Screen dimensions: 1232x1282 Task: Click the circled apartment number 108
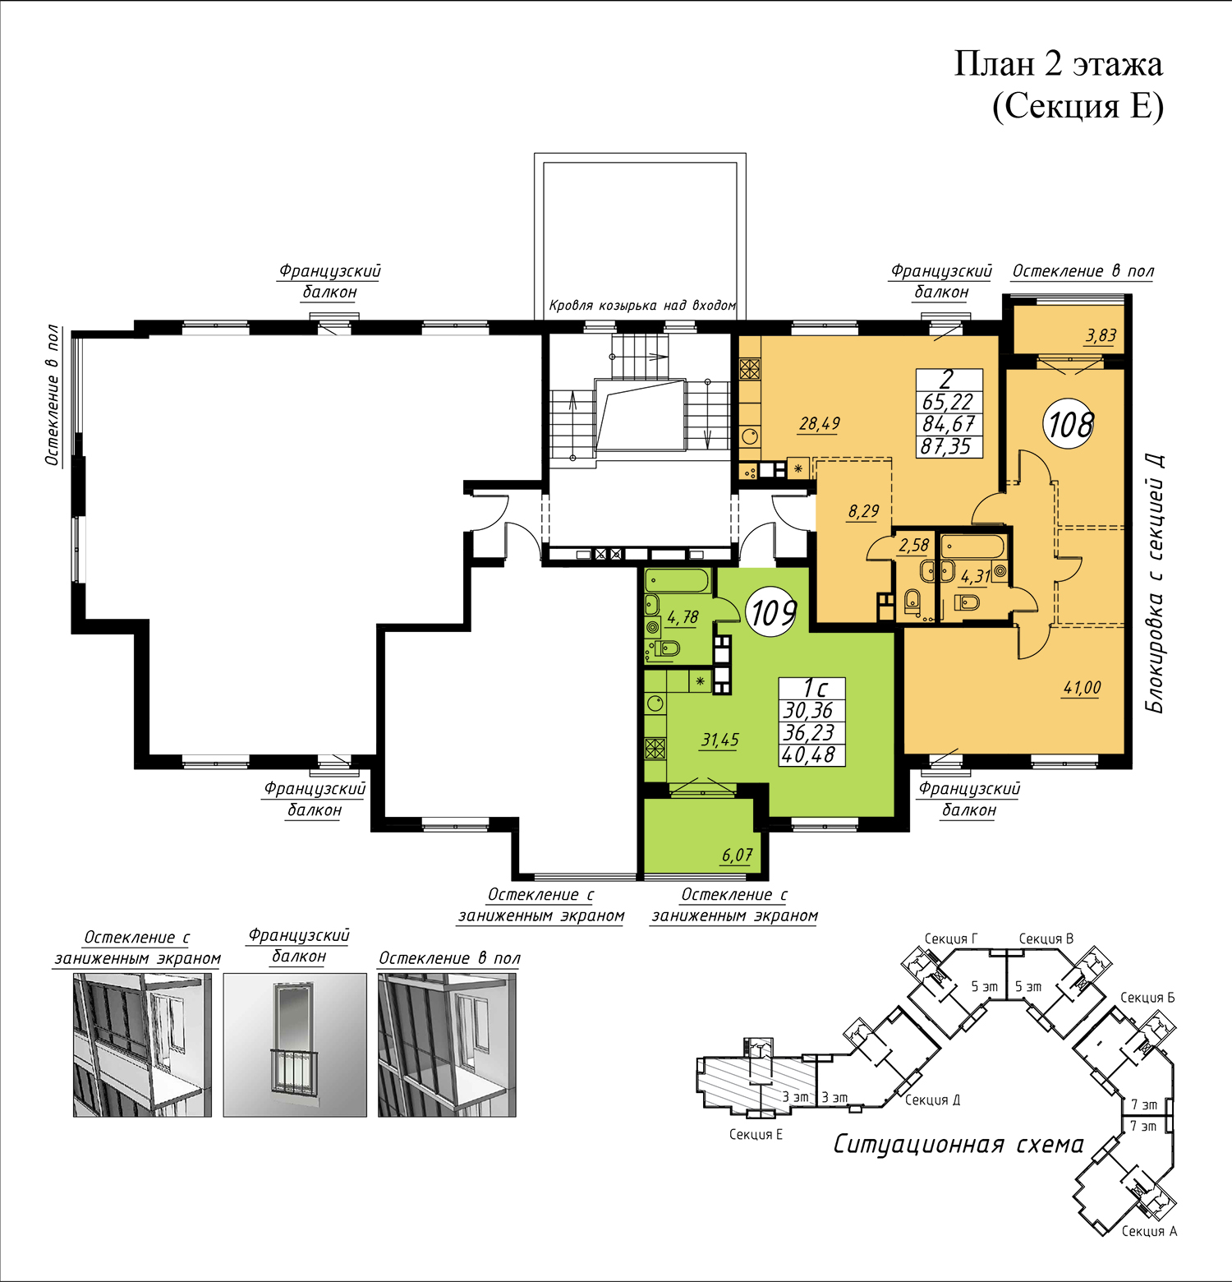(1069, 424)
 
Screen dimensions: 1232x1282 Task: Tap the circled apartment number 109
(772, 612)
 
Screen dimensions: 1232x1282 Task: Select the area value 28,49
(820, 424)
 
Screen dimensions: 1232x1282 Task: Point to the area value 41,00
(1082, 688)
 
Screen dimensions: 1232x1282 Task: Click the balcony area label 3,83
(1101, 335)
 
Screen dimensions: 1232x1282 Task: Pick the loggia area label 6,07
(737, 855)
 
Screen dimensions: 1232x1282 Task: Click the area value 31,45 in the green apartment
(719, 740)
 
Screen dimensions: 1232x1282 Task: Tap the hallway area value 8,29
(863, 512)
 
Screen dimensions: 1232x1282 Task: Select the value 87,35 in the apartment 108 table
(946, 446)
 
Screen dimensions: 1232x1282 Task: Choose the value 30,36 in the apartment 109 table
(809, 711)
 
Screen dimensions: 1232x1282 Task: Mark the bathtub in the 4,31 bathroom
(972, 546)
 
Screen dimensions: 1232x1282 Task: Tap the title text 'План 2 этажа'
(1058, 64)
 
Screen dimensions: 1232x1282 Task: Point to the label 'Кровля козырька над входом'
(642, 306)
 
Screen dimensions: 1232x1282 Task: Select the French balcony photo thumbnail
(295, 1045)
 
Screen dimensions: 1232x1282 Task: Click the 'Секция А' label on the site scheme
(1149, 1231)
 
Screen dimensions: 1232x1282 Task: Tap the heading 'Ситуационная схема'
(958, 1145)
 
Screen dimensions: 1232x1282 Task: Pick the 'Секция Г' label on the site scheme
(951, 938)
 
